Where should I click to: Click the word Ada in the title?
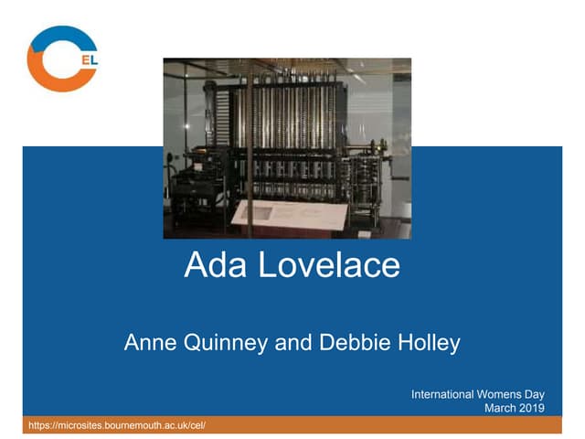coord(215,265)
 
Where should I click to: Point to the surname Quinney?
coord(233,344)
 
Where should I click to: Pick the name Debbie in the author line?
coord(351,343)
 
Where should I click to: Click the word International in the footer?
coord(442,394)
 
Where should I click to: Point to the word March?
coord(502,408)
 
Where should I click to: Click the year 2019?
coord(533,408)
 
